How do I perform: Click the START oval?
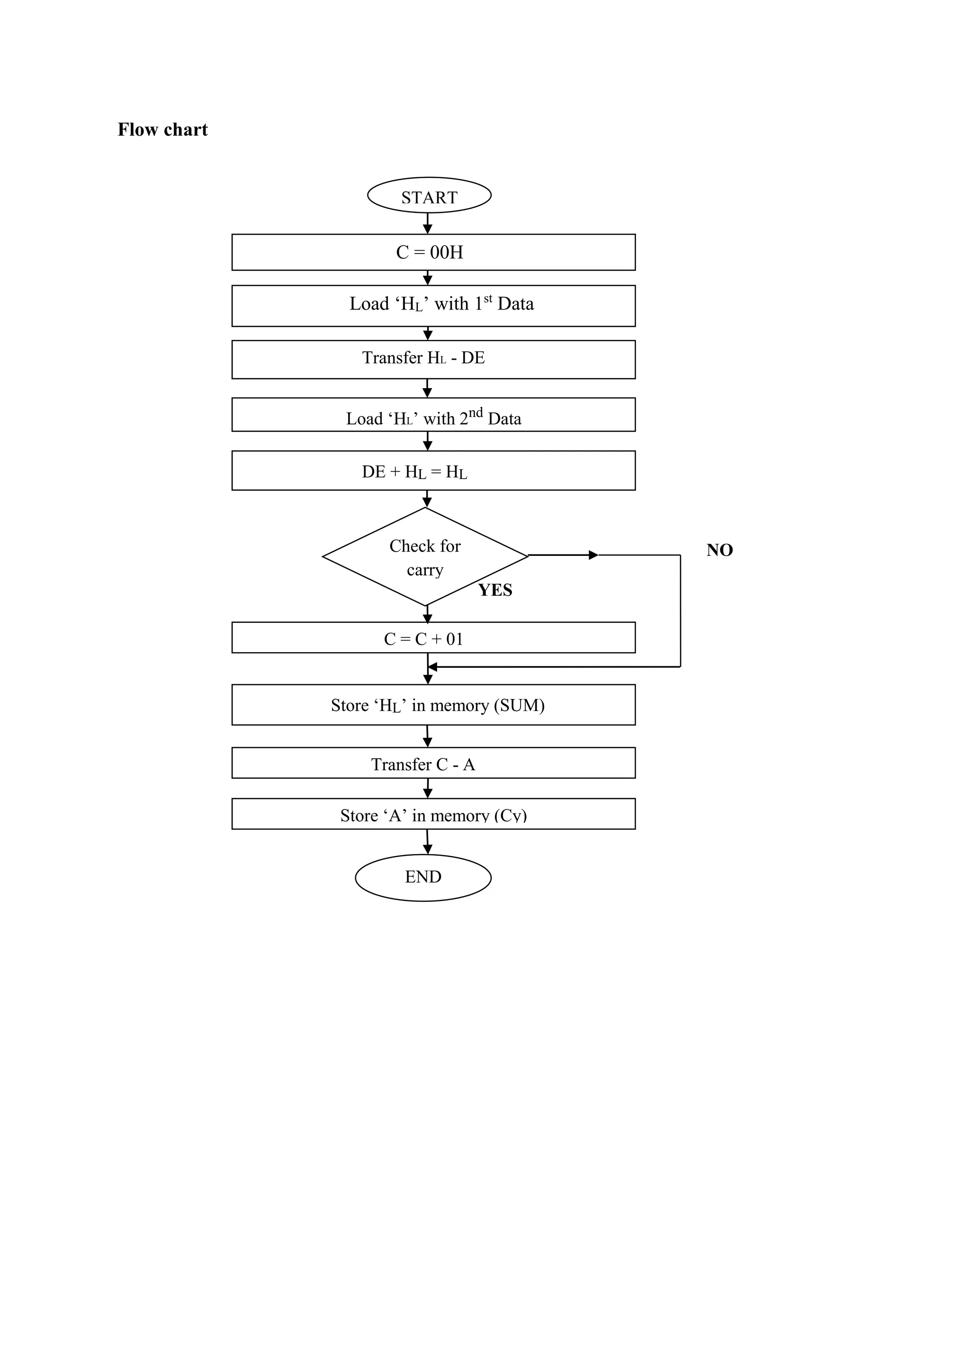tap(429, 195)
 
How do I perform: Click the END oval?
tap(423, 877)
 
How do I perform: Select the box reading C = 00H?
tap(433, 252)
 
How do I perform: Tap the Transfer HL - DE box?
tap(433, 359)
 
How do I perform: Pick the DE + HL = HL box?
tap(433, 471)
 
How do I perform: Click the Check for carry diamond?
tap(425, 557)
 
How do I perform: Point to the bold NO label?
tap(719, 550)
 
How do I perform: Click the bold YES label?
tap(495, 591)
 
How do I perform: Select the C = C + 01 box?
tap(433, 637)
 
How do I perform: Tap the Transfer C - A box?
tap(433, 763)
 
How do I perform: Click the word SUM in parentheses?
tap(519, 706)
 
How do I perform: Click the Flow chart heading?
tap(162, 130)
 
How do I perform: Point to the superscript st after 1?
tap(488, 298)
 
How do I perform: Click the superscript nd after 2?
tap(476, 412)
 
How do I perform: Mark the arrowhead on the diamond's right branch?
tap(593, 555)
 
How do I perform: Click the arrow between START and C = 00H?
tap(428, 224)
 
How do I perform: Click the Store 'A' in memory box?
tap(433, 814)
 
